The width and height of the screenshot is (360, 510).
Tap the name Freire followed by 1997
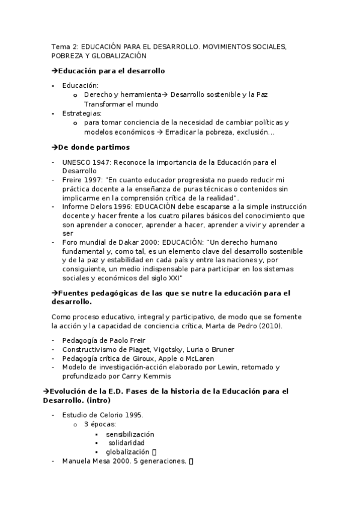(73, 180)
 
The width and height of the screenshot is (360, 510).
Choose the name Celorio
(109, 416)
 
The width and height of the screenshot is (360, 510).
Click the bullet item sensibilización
(130, 434)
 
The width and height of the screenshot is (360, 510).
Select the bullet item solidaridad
(129, 443)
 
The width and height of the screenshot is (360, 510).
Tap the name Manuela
(77, 461)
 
